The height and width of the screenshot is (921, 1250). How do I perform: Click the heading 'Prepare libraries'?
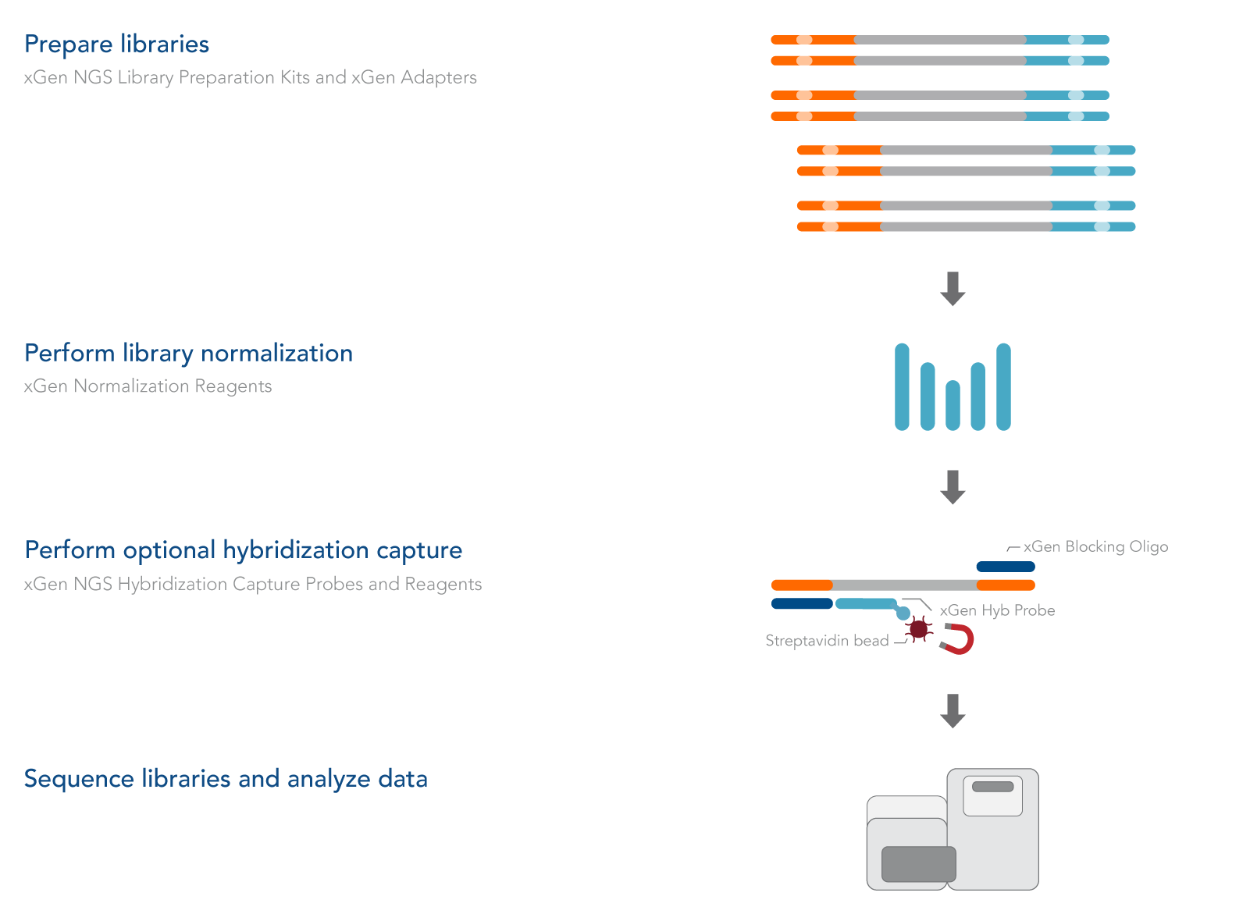[x=116, y=44]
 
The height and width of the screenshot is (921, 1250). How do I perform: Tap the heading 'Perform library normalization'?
[x=188, y=354]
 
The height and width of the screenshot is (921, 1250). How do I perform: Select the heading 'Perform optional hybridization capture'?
[x=243, y=550]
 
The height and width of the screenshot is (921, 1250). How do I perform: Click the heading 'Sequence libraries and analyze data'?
[x=226, y=779]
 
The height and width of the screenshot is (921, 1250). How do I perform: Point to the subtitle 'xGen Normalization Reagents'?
[x=148, y=386]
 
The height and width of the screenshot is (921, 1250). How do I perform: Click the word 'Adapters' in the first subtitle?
[x=439, y=77]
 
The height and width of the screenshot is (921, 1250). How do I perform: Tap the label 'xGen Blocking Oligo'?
[x=1095, y=546]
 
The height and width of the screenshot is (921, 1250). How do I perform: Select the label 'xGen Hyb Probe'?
[x=997, y=610]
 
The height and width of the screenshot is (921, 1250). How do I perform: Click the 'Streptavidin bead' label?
[x=827, y=641]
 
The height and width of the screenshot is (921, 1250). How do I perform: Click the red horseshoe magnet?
[x=960, y=639]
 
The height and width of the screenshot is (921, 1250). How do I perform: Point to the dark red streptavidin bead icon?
[x=919, y=628]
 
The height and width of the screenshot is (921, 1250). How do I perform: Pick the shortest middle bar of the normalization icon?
[x=953, y=405]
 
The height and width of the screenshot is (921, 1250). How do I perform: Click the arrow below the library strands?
[x=953, y=288]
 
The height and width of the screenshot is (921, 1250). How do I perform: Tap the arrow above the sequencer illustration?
[x=953, y=710]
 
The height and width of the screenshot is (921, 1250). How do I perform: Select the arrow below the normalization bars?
[x=953, y=486]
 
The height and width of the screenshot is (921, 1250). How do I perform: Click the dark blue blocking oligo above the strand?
[x=1006, y=567]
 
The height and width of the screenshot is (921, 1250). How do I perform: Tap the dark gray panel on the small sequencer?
[x=918, y=864]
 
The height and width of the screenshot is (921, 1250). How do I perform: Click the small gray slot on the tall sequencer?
[x=992, y=787]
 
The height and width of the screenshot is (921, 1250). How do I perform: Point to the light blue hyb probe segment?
[x=866, y=603]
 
